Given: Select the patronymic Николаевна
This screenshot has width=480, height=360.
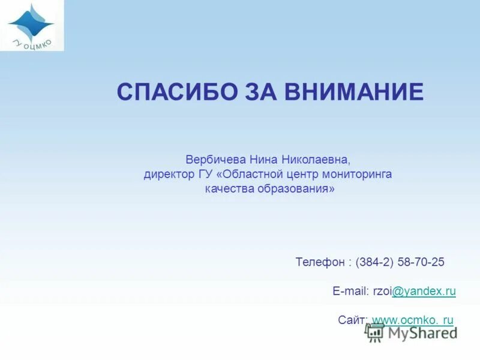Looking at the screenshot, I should click(x=317, y=161).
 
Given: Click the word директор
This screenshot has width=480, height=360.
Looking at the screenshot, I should click(x=168, y=175).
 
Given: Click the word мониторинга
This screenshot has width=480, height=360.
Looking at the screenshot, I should click(x=358, y=175).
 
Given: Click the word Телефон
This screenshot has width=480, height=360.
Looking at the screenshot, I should click(x=320, y=262).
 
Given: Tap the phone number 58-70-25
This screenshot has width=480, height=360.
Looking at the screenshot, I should click(x=420, y=262).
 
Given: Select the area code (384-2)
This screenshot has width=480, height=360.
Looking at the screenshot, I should click(x=374, y=262).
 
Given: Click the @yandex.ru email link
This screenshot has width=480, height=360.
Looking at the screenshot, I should click(x=424, y=291).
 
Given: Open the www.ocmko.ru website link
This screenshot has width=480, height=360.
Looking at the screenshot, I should click(x=413, y=320).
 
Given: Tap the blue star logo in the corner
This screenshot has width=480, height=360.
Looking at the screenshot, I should click(x=31, y=22).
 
